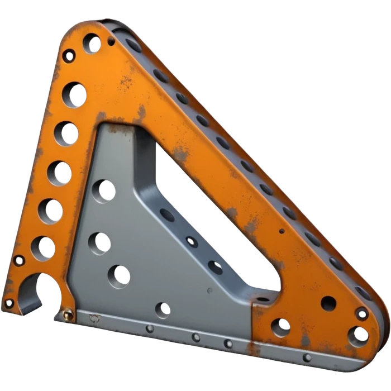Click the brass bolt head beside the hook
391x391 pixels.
click(68, 315)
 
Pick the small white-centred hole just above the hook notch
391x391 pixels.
click(19, 260)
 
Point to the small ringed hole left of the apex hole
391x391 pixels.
click(69, 56)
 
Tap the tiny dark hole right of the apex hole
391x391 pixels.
click(111, 41)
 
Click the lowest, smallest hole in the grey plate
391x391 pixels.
click(163, 308)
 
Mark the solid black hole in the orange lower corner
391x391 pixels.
click(328, 303)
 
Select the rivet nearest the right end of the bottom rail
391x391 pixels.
click(307, 357)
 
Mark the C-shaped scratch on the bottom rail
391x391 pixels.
click(94, 318)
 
